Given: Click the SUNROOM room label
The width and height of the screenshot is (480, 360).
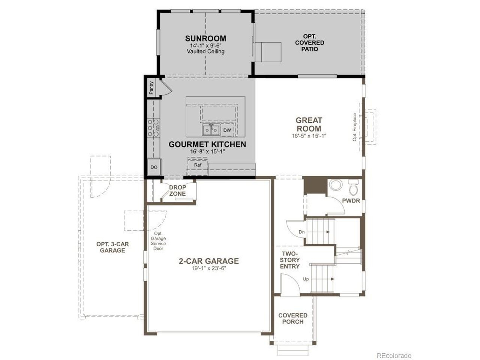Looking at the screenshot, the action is coord(205,39).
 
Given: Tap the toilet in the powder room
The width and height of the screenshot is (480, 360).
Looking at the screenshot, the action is coord(353,187).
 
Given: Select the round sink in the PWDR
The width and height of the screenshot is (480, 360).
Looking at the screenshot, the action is coord(336,185).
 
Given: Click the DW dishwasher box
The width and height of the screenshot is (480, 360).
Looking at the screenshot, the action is coord(227,130).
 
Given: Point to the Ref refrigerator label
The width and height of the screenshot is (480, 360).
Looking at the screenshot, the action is coord(198,165).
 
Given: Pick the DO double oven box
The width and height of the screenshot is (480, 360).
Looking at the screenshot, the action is coord(154,167).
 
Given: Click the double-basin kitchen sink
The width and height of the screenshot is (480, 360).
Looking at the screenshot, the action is coord(211,130).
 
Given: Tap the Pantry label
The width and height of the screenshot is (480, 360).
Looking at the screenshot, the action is coord(151,88).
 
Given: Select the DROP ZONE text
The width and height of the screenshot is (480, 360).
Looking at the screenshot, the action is coord(177,190).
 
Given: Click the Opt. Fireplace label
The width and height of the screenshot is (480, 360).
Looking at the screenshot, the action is coord(354,127).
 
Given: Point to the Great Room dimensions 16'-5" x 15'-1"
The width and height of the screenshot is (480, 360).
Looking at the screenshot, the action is coord(309,136).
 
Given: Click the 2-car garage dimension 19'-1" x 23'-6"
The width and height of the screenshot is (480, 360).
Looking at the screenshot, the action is coord(209,268).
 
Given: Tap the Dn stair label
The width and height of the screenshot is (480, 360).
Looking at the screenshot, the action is coord(301,232).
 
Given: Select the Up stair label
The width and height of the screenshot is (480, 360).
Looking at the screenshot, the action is coord(306,279).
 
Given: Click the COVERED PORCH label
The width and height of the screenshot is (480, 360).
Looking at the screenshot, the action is coord(293,318).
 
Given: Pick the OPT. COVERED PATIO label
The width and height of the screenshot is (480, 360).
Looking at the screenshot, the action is coord(310,43).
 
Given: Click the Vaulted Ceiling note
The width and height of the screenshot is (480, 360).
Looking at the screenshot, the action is coord(205,51).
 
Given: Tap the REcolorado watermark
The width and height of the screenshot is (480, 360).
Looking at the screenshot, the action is coord(394,355).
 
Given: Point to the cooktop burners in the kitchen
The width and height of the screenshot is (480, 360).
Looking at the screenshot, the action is coord(153,127).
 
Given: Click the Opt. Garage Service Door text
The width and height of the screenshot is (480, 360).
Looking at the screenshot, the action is coord(158,241).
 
